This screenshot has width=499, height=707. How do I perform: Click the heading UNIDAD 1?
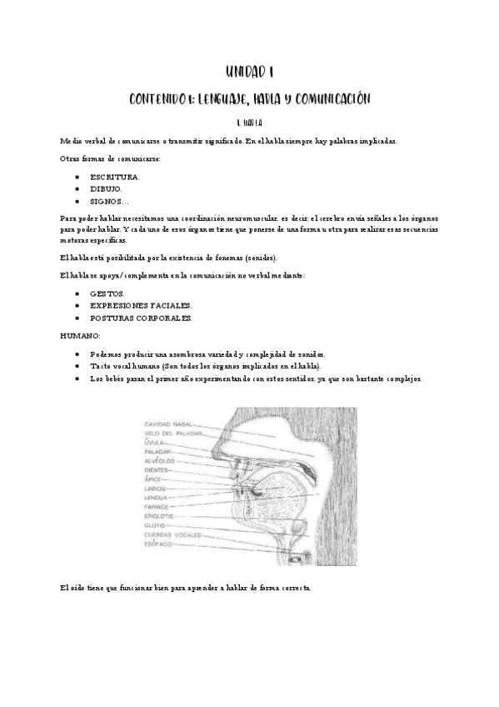point(249,72)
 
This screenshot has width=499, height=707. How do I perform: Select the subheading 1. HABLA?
point(249,123)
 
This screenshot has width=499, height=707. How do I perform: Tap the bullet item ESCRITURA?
point(115,178)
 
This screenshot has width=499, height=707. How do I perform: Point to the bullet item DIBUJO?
point(107,189)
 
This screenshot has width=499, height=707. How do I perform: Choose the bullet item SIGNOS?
point(109,201)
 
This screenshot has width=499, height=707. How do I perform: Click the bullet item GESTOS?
point(108,294)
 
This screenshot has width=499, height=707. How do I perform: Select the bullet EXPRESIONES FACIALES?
point(141,306)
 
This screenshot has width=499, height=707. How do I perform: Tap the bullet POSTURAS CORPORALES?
point(141,318)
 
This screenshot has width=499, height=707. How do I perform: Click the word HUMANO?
point(80,335)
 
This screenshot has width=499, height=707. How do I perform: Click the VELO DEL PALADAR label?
point(172,434)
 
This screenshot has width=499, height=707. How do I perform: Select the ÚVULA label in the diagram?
point(155,443)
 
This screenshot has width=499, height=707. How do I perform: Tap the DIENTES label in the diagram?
point(157,470)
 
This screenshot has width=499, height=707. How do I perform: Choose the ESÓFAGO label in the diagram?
point(159,544)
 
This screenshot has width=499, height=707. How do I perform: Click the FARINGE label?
point(157,507)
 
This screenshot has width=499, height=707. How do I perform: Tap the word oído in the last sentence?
point(82,588)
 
